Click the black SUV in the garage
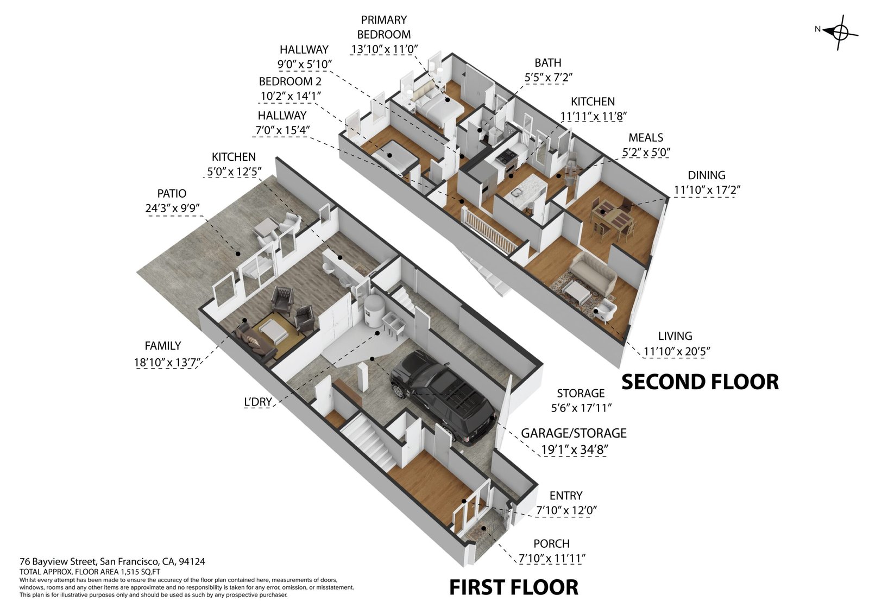tap(442, 397)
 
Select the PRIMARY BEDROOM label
tap(383, 27)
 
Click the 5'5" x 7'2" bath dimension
tap(548, 78)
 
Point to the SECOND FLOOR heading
tap(700, 382)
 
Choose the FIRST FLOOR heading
tap(514, 587)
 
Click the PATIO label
tap(172, 193)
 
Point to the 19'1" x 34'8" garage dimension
tap(574, 450)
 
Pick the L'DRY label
tap(257, 402)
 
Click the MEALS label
tap(646, 137)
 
